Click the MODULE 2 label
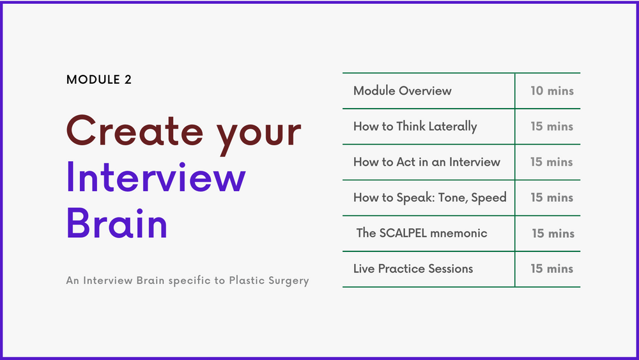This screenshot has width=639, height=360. click(x=99, y=79)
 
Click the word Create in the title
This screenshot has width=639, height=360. click(x=135, y=130)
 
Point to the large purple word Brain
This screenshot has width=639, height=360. click(x=117, y=223)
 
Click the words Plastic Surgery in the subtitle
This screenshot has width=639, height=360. click(x=269, y=281)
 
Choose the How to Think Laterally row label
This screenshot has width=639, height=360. click(x=415, y=127)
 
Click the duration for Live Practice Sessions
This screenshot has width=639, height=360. click(x=552, y=269)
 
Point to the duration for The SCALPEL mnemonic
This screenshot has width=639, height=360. click(x=553, y=233)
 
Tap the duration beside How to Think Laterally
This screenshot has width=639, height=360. click(x=552, y=127)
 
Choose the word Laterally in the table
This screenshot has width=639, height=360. click(x=453, y=127)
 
